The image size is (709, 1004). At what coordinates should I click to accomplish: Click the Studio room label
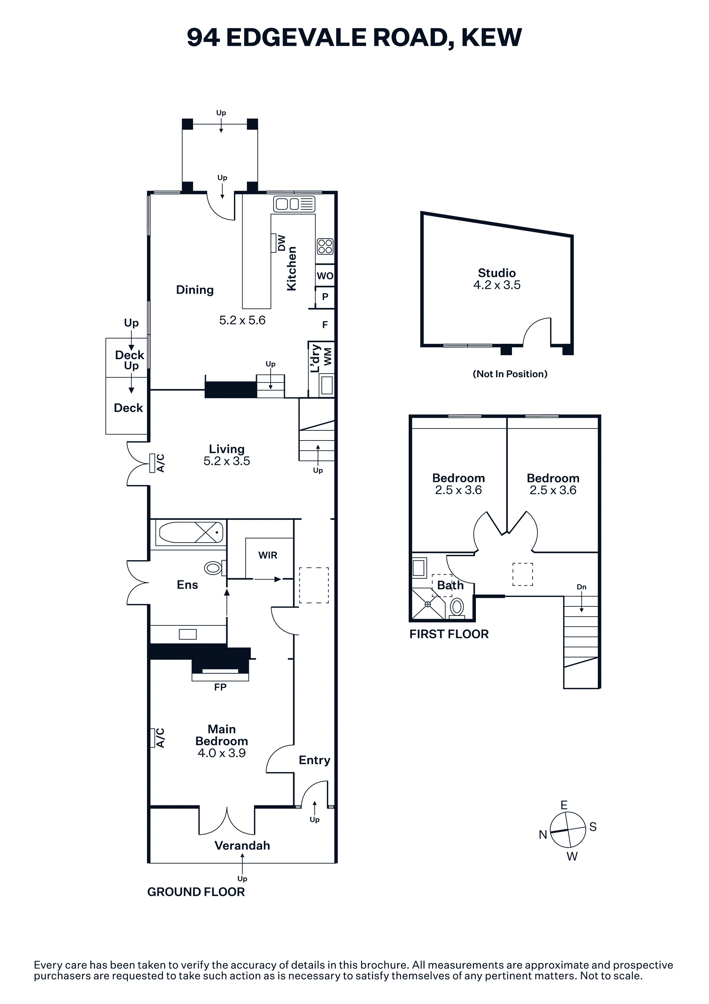pyautogui.click(x=497, y=273)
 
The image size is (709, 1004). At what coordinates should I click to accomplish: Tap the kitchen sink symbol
pyautogui.click(x=294, y=204)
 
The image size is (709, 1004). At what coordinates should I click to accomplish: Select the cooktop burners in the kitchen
pyautogui.click(x=325, y=246)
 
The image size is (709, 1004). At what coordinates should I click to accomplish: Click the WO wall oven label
pyautogui.click(x=325, y=276)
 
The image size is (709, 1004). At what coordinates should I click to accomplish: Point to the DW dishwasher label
pyautogui.click(x=282, y=243)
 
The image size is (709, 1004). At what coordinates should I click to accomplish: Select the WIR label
pyautogui.click(x=268, y=555)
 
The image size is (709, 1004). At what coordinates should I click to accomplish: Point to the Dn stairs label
pyautogui.click(x=581, y=587)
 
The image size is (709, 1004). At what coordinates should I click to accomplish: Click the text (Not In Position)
pyautogui.click(x=510, y=374)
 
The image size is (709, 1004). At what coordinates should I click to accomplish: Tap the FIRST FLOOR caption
pyautogui.click(x=449, y=634)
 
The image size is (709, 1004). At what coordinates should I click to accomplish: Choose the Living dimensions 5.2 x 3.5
pyautogui.click(x=227, y=461)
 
